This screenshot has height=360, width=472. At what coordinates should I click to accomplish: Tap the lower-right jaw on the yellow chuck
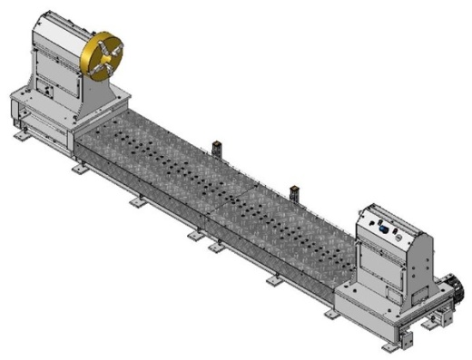115,68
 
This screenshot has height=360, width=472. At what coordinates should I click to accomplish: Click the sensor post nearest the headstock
218,149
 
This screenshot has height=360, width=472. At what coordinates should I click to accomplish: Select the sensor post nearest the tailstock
295,193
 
